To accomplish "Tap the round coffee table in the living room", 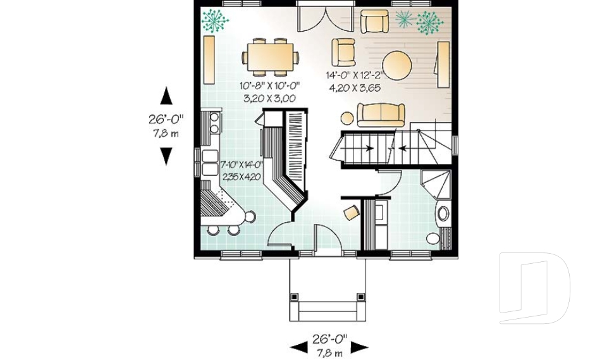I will coord(398,64).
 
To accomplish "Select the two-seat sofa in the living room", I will coord(381,115).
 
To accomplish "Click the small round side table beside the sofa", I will coord(346,117).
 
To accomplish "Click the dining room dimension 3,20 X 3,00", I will coord(269,99).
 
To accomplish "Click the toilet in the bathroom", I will coord(434,239).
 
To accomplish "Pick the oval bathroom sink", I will coord(443,213).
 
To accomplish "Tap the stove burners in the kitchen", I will coord(215,122).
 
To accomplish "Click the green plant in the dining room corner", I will coord(215,21).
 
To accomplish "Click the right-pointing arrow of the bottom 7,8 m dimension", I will coord(360,347).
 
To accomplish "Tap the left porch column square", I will coord(294,296).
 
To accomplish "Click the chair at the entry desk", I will coord(351,212).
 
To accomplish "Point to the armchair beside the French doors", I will coord(345,51).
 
